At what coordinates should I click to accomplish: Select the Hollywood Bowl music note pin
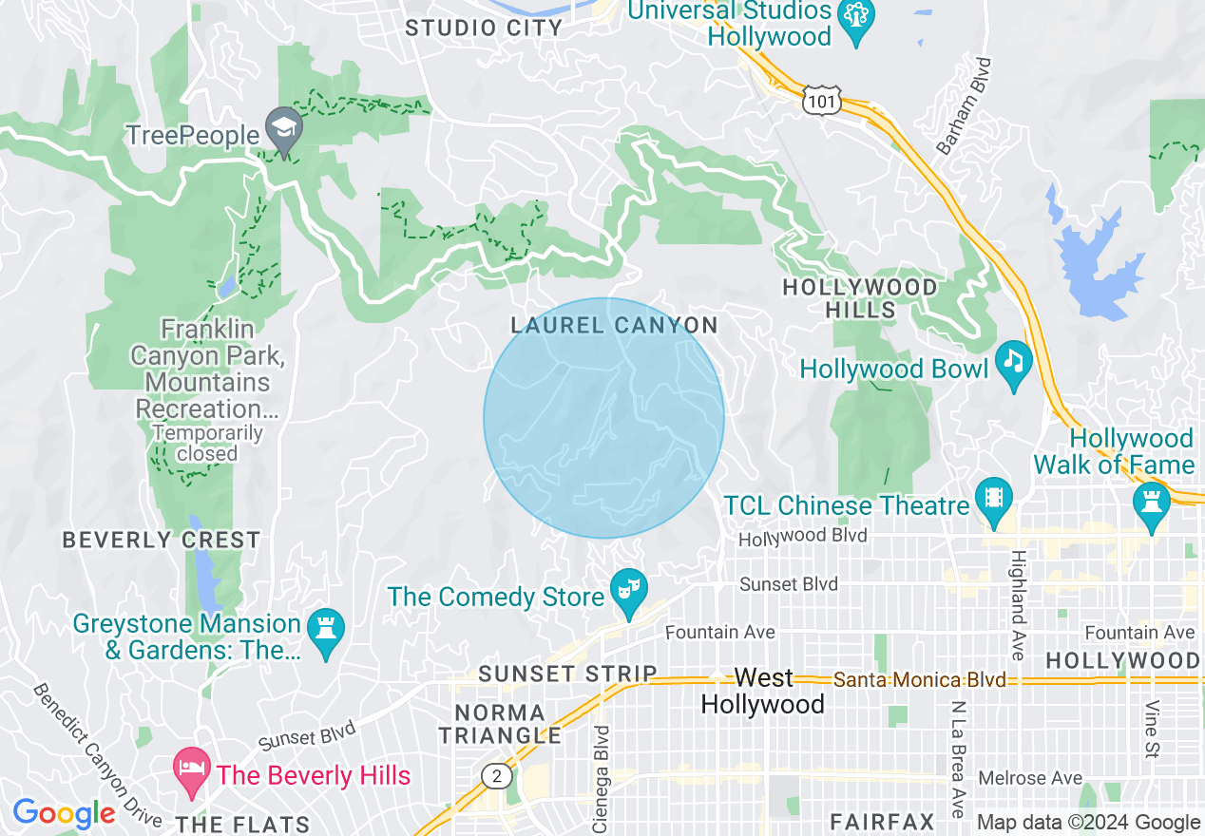pyautogui.click(x=1014, y=362)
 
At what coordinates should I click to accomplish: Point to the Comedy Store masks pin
pyautogui.click(x=627, y=590)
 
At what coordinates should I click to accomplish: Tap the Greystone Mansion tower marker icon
pyautogui.click(x=327, y=631)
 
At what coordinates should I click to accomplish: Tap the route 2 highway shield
pyautogui.click(x=496, y=776)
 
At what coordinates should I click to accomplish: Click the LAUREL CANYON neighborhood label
pyautogui.click(x=614, y=326)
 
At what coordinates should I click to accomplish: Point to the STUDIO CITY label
pyautogui.click(x=484, y=28)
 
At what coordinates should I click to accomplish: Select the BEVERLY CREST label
pyautogui.click(x=161, y=541)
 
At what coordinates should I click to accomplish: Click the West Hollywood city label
pyautogui.click(x=763, y=692)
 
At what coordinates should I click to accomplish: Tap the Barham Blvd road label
pyautogui.click(x=965, y=106)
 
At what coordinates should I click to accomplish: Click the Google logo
pyautogui.click(x=64, y=813)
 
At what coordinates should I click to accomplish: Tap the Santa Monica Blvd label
pyautogui.click(x=919, y=680)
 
